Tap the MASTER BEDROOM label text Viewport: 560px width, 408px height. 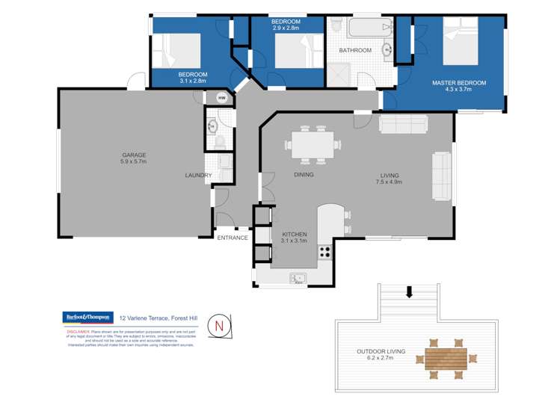point(458,82)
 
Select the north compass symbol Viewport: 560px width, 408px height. point(219,325)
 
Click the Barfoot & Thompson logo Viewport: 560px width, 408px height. point(87,317)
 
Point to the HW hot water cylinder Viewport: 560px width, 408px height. point(222,98)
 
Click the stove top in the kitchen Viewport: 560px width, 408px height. point(325,252)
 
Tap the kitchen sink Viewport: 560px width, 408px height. point(298,279)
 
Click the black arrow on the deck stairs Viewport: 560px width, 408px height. point(408,291)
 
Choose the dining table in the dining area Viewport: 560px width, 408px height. point(313,144)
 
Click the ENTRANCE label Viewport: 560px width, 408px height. point(233,238)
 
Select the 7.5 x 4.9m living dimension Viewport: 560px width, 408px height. point(390,182)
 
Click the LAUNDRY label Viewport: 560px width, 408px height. point(198,176)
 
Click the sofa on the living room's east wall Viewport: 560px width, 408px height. point(441,176)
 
